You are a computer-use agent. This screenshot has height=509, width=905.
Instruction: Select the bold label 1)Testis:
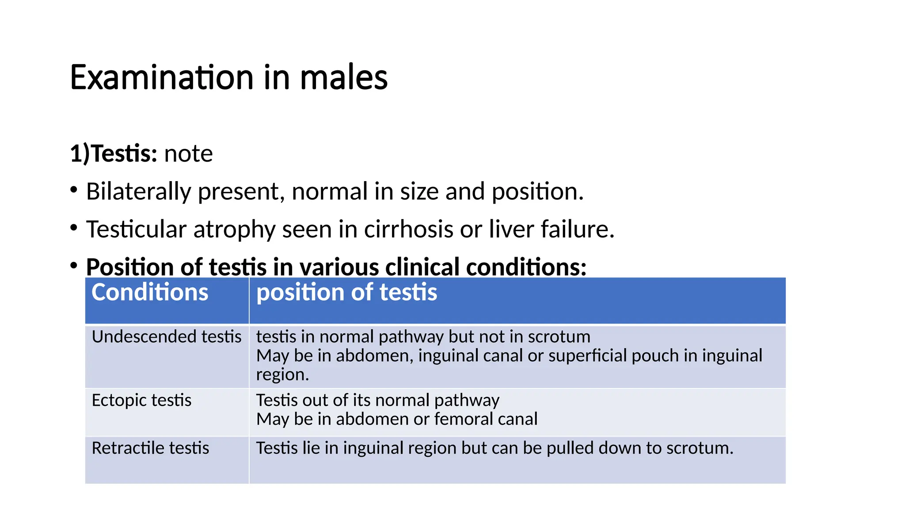114,154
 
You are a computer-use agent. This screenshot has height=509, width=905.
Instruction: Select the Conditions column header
150,292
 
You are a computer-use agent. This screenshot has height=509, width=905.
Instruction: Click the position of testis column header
346,292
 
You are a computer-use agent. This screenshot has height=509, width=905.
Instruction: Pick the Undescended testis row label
166,337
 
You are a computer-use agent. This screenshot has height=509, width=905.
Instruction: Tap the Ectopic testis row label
141,400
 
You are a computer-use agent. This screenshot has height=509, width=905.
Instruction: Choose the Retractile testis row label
150,448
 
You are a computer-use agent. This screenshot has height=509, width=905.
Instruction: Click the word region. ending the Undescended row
282,375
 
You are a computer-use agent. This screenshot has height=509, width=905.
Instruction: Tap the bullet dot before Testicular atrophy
74,228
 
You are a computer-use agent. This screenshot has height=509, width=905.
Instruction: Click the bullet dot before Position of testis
74,266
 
